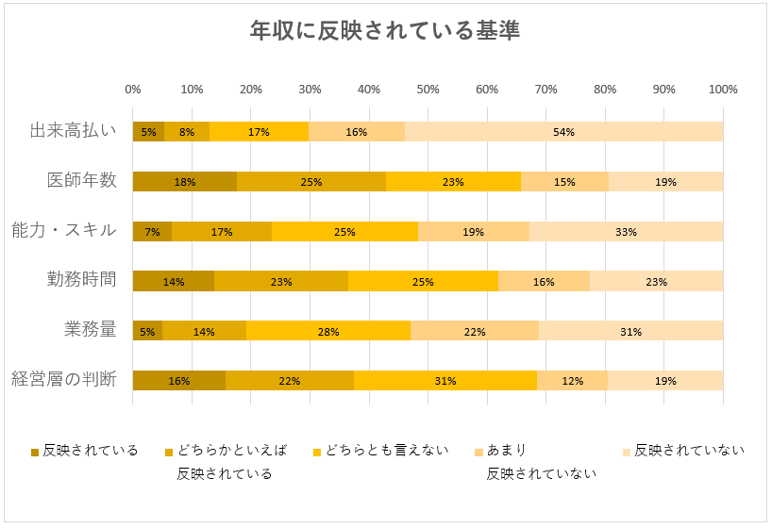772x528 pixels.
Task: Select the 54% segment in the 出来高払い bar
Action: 563,132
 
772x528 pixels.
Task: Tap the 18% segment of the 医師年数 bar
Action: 185,182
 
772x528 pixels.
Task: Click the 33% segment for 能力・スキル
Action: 626,232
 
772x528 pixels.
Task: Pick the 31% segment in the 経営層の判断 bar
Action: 445,381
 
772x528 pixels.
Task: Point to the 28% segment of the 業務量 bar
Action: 328,331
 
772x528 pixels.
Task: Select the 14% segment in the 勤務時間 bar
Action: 174,281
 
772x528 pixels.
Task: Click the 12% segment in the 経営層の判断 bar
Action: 572,381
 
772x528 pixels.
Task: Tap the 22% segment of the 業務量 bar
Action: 475,331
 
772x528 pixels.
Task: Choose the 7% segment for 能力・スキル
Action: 153,232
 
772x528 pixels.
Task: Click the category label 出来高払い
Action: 73,131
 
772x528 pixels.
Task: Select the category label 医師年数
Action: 82,180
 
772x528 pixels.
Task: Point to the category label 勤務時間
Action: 82,279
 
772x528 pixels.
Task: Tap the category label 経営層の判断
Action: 64,379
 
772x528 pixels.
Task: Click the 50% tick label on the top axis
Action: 428,90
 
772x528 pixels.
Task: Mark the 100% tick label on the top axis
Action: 723,90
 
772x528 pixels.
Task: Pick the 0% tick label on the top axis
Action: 133,90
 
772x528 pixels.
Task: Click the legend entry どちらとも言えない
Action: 386,451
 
